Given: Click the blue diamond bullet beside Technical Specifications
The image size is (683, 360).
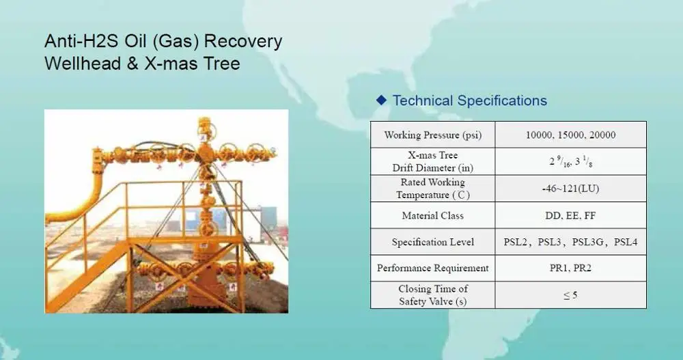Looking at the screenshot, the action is coord(381,100).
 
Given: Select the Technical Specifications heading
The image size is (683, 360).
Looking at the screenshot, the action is coord(470,100).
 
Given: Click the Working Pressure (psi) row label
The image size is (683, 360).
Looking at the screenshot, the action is coord(432,135).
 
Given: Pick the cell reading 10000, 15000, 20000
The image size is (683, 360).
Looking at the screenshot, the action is coord(570,135).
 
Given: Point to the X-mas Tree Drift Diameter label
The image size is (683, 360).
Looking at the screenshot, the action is coord(432,161).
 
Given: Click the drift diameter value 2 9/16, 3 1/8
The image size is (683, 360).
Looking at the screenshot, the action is coord(570,162).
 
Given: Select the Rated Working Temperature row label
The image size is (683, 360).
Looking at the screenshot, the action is coord(432,189).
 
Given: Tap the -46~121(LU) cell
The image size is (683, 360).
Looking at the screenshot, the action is coord(570,189).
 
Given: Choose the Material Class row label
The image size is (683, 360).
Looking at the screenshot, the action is coord(432,215).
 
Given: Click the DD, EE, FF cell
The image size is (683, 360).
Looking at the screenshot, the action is coord(570,215).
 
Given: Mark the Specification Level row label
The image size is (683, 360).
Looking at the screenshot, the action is coord(432,242).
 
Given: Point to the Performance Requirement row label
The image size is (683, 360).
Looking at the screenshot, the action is coord(432,268).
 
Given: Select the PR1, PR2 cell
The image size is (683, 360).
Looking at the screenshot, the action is coord(570,268).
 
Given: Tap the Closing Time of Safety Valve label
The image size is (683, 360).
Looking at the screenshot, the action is coord(432,295).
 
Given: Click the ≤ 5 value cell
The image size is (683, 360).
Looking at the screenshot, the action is coord(570,295).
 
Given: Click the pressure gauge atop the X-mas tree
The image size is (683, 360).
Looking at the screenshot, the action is coord(204,127).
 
